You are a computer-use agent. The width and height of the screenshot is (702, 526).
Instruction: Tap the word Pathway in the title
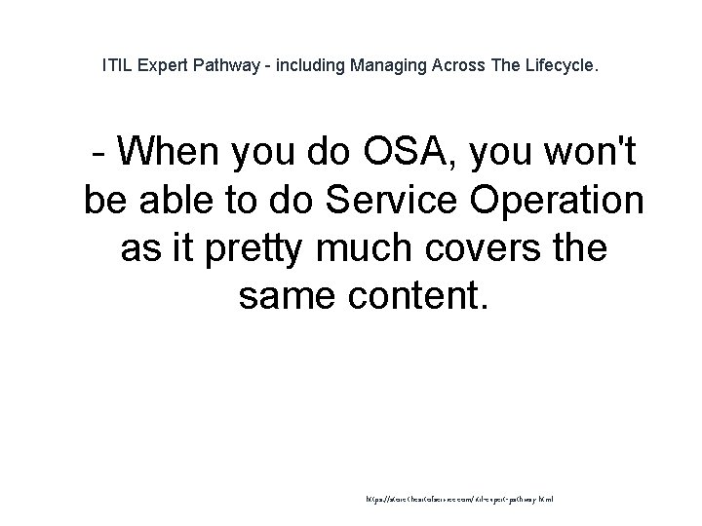(231, 68)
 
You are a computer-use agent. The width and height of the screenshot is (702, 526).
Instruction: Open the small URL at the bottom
(459, 497)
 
